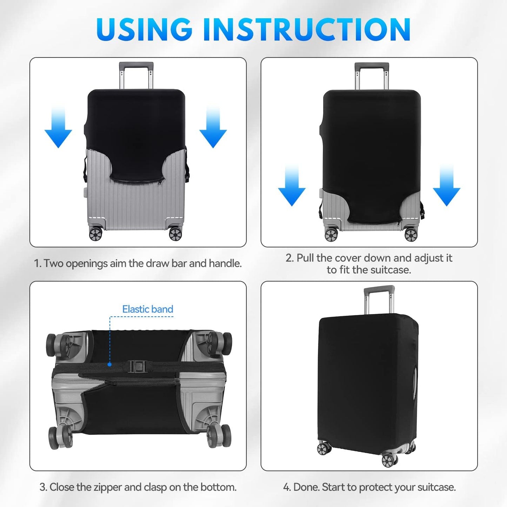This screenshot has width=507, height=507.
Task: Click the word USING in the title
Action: pos(144,29)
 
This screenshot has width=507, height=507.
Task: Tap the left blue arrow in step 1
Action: pos(58,127)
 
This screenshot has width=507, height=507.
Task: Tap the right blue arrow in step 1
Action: pos(213,127)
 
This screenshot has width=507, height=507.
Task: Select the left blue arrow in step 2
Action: pos(292,186)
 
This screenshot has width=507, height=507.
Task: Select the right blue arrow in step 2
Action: pos(447,186)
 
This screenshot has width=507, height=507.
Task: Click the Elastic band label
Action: pos(148,309)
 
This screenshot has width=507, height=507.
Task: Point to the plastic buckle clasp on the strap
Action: pos(137,366)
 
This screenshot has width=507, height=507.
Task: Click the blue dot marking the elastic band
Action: pos(109,365)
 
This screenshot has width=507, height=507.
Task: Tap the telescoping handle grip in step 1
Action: pos(136,65)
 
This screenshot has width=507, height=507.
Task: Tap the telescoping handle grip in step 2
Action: pos(372,66)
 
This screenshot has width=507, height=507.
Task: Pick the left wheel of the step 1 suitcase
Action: pos(95,234)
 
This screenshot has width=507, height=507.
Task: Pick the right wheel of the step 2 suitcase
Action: pos(411,235)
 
